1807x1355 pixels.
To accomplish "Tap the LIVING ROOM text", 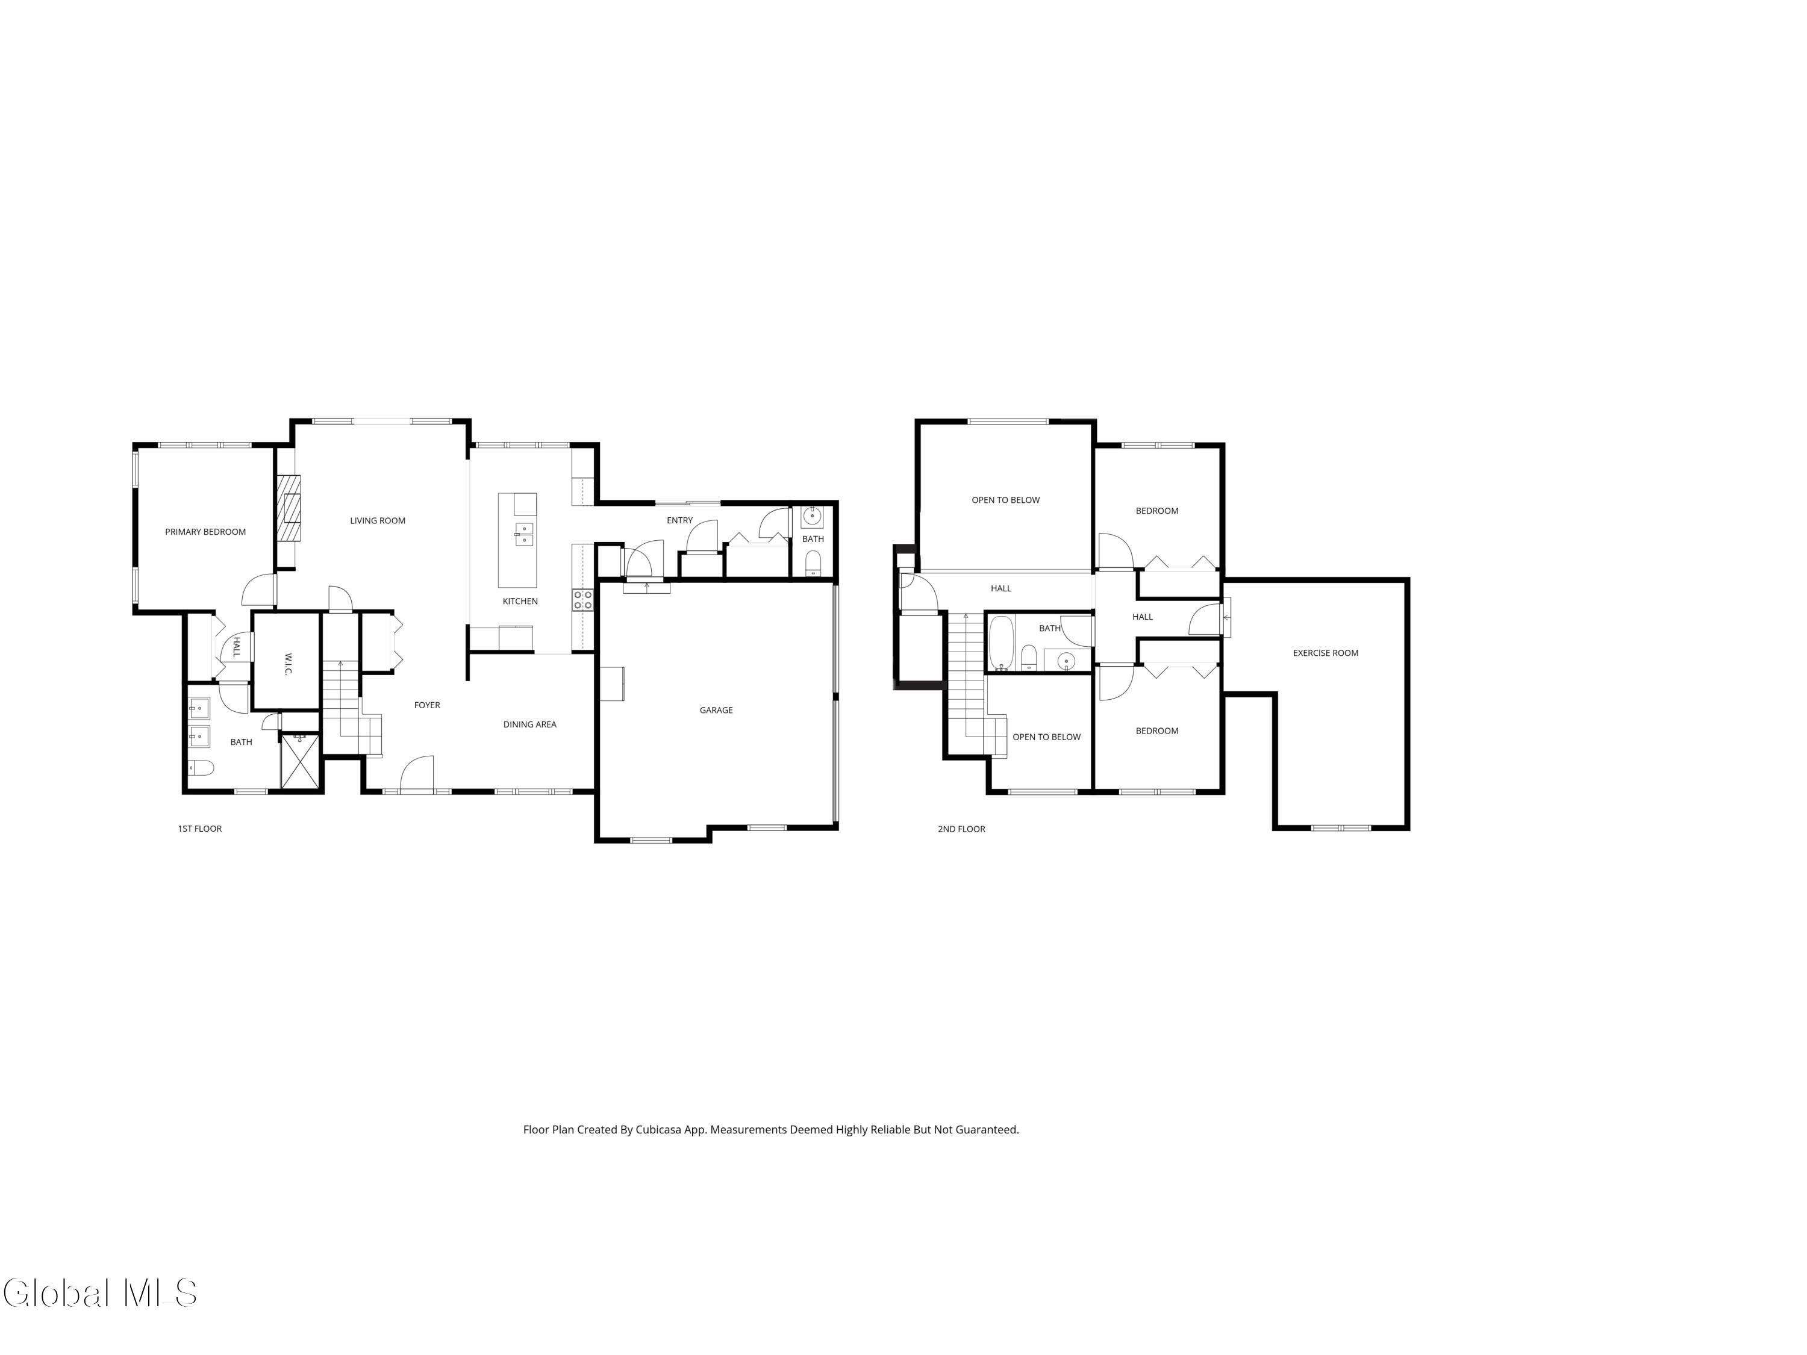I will [378, 520].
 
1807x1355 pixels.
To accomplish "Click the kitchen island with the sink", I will [517, 540].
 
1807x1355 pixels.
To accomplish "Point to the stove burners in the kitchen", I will [583, 600].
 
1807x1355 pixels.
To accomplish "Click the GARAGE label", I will [716, 710].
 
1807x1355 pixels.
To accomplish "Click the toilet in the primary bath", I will [200, 768].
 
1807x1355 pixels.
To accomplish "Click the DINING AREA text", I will [529, 724].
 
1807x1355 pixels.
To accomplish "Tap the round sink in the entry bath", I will [812, 516].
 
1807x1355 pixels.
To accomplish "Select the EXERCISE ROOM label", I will [1325, 653].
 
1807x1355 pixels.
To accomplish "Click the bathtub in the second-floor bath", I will [1000, 643].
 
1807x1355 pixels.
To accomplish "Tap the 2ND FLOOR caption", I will [961, 829].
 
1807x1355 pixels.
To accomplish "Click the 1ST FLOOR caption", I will [199, 828].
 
